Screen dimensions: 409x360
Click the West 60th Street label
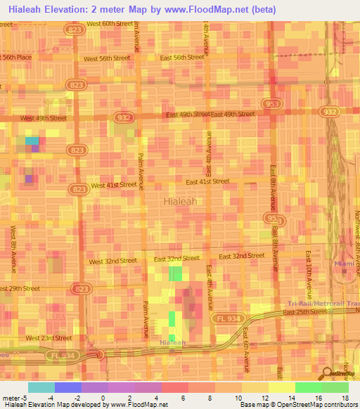click(x=109, y=23)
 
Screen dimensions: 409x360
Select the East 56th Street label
click(x=181, y=58)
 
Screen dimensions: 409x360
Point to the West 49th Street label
click(x=43, y=118)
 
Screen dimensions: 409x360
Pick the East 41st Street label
click(x=207, y=181)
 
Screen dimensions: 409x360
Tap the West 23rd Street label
click(x=49, y=338)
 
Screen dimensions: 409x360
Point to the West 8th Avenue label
click(x=13, y=248)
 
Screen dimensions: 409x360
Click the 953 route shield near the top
click(x=271, y=103)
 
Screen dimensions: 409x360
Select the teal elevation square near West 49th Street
click(x=32, y=141)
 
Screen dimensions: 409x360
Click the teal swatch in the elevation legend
click(x=41, y=387)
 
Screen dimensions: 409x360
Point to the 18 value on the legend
click(x=345, y=398)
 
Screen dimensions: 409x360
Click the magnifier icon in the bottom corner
click(x=327, y=374)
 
